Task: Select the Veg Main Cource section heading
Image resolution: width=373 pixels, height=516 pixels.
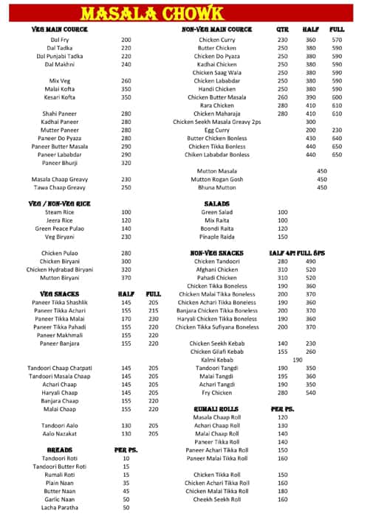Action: coord(60,29)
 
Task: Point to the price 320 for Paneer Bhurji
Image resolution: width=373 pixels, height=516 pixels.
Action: coord(126,163)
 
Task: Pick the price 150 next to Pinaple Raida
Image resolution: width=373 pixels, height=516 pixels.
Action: coord(282,237)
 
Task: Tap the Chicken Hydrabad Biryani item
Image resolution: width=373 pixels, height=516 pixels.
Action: coord(60,270)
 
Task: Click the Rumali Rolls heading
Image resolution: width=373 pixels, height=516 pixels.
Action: coord(216,408)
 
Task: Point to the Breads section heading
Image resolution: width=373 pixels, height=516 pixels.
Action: coord(60,449)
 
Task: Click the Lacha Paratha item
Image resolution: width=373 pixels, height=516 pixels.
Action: coord(60,508)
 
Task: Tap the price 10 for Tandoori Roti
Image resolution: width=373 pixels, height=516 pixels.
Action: coord(126,459)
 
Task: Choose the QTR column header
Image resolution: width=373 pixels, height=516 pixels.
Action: coord(282,29)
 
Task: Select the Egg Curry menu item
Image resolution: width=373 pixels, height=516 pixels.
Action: coord(216,130)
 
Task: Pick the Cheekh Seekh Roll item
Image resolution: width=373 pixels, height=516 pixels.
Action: coord(216,499)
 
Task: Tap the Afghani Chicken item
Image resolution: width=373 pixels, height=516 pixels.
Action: coord(216,270)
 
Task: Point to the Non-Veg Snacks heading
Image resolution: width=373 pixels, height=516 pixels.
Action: coord(217,253)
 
